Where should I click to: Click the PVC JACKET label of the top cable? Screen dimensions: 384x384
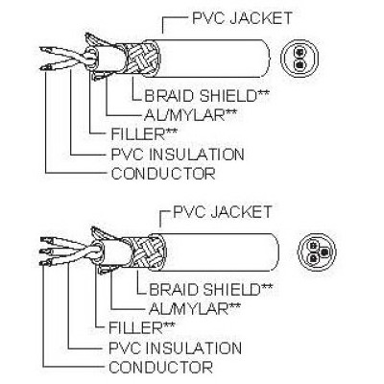[242, 18]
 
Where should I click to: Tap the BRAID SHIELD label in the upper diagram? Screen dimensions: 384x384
[206, 96]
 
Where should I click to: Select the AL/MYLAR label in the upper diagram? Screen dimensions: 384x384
[190, 115]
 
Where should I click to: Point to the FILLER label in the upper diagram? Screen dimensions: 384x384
[143, 134]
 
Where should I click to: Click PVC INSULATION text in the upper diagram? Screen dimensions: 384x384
[178, 155]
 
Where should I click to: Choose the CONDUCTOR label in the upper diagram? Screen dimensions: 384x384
[163, 174]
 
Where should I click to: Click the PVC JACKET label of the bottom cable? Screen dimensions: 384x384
[223, 211]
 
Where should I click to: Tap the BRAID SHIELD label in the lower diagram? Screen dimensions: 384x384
[211, 289]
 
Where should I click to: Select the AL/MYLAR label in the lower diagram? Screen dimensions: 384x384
[195, 308]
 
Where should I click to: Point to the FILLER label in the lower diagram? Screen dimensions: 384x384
[141, 327]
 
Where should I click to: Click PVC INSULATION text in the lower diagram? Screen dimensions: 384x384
[176, 348]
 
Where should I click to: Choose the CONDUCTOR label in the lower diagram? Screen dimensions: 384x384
[160, 367]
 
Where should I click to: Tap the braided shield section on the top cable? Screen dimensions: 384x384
[141, 59]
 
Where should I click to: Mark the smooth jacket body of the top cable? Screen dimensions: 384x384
[213, 59]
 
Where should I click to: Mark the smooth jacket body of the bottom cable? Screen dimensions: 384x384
[221, 252]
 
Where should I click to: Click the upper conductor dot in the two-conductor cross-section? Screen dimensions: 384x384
[300, 52]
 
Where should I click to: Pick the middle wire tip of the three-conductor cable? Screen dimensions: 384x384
[44, 251]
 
